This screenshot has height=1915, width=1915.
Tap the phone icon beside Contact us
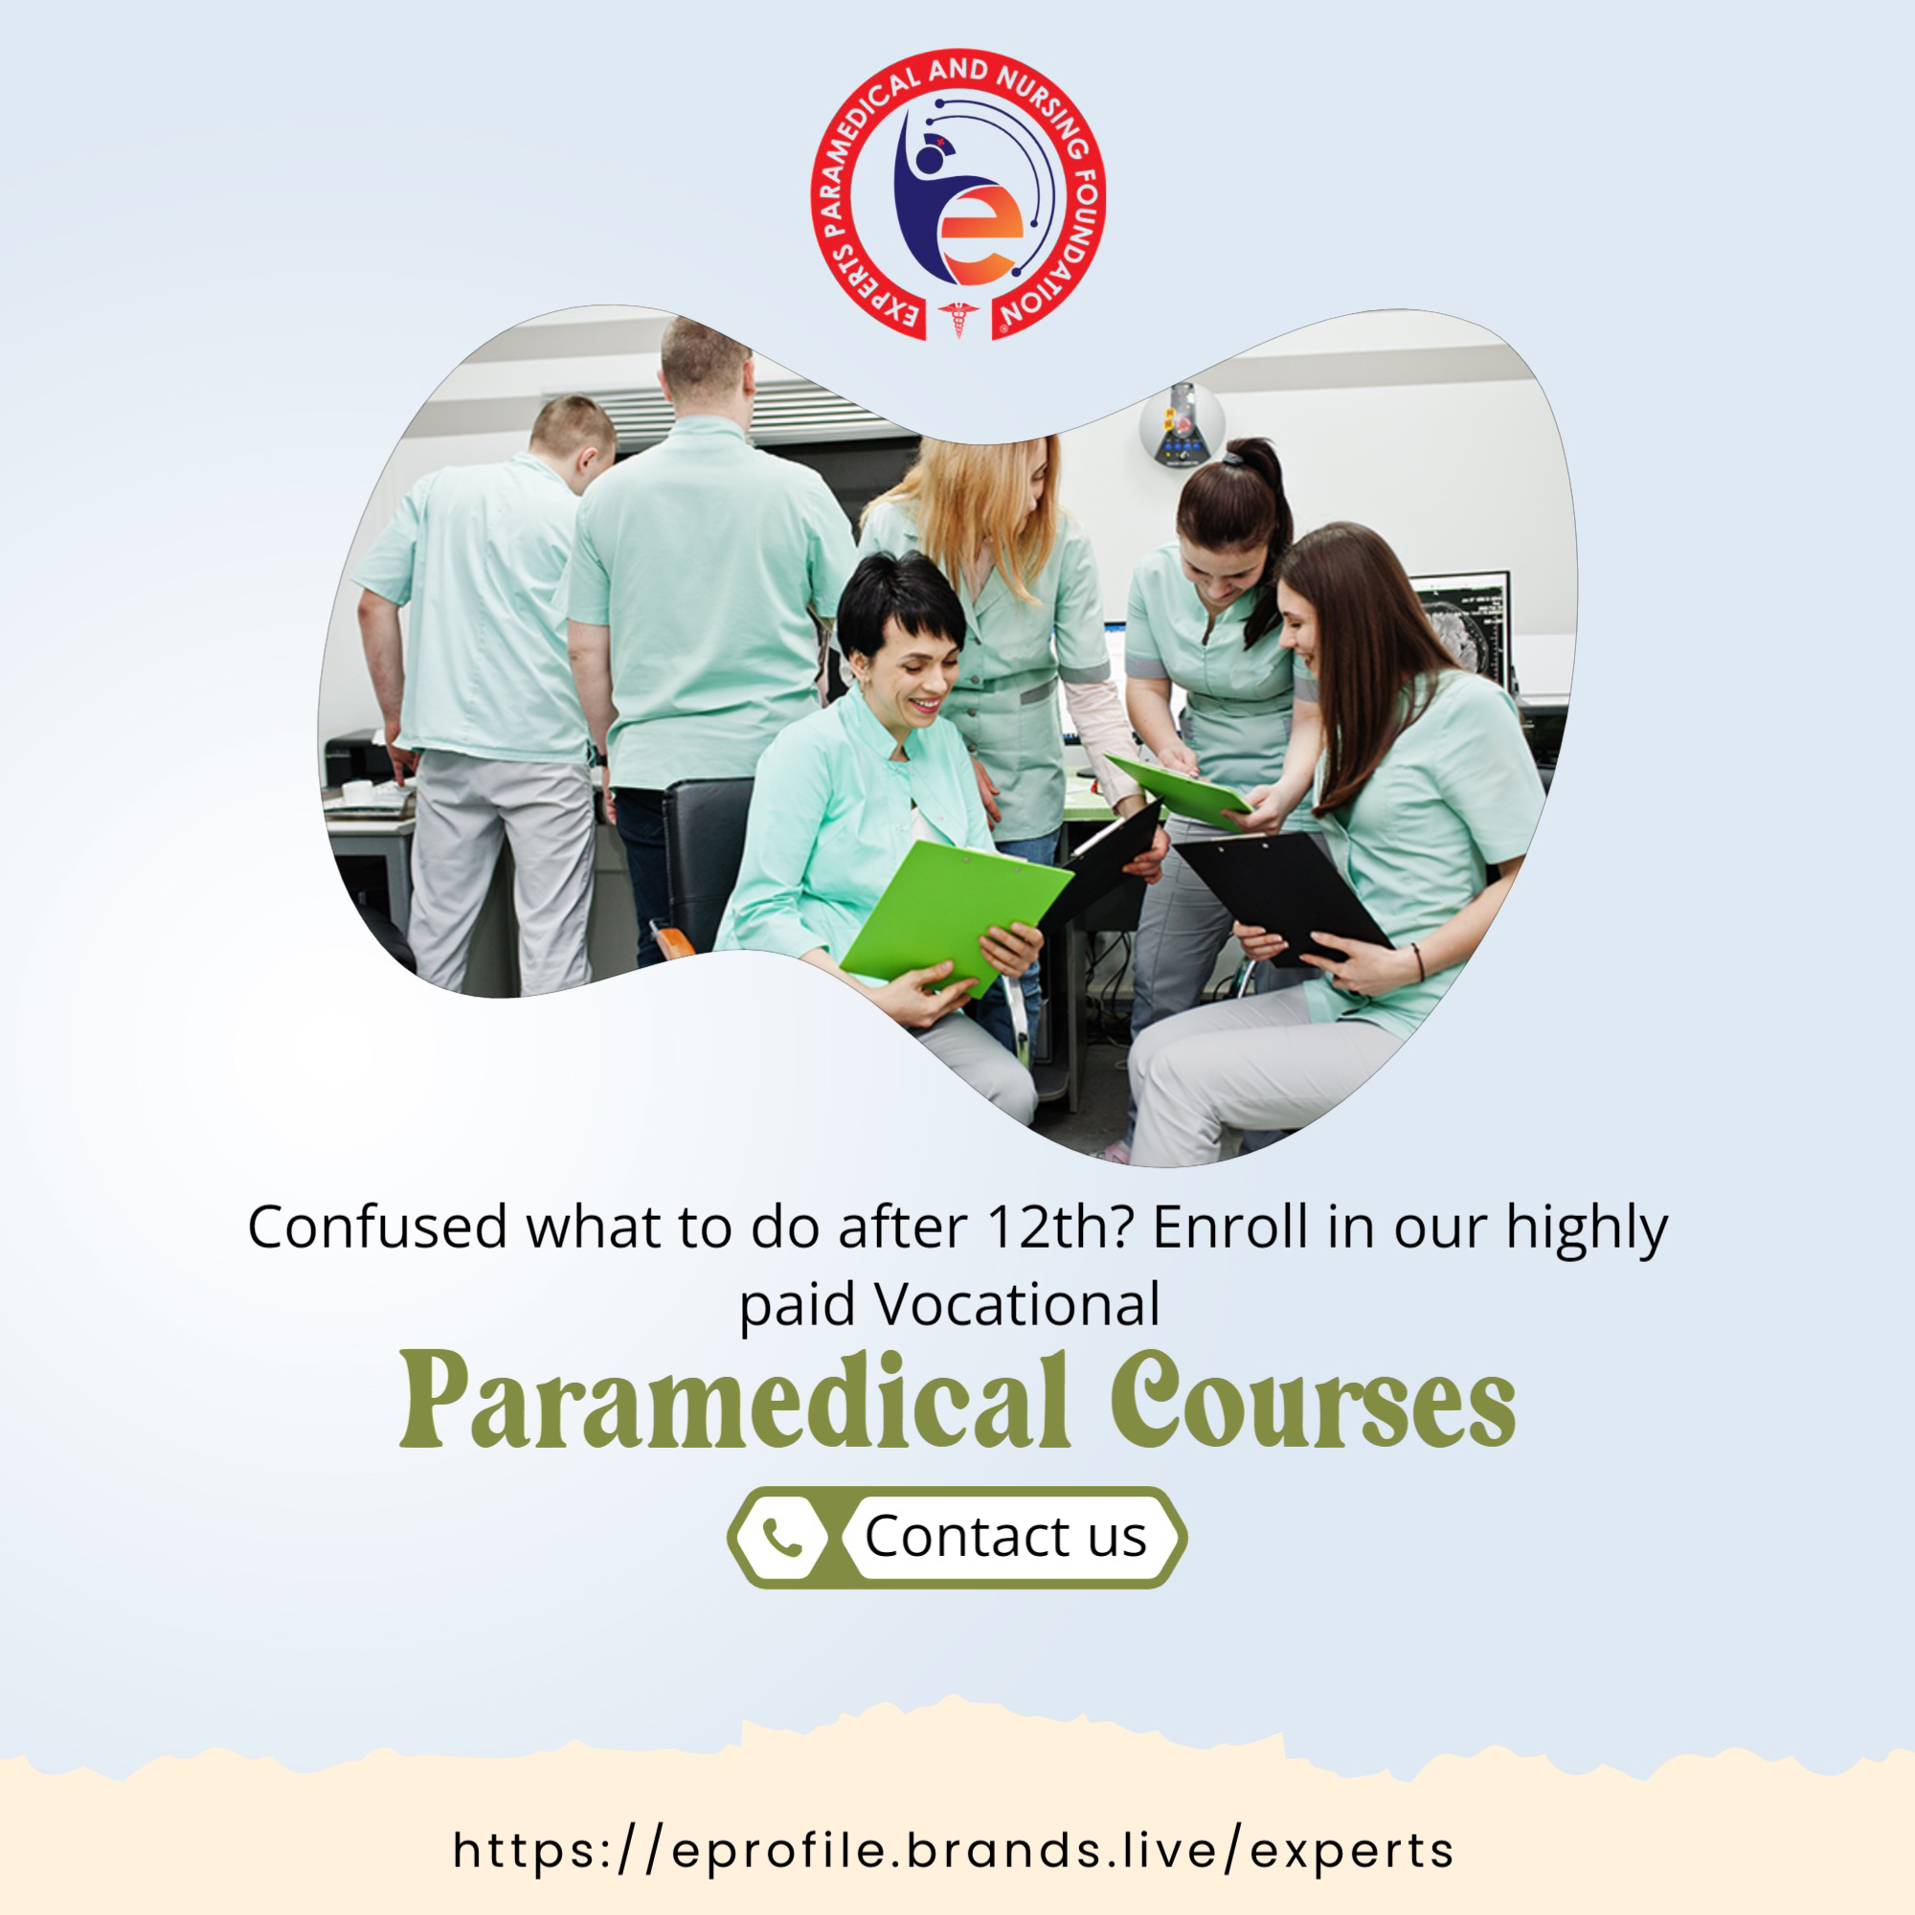tap(783, 1538)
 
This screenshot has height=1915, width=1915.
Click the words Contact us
tap(1005, 1537)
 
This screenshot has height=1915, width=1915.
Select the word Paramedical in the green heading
tap(734, 1401)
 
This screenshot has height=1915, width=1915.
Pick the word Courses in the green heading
tap(1313, 1401)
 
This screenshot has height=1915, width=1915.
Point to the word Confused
tap(377, 1228)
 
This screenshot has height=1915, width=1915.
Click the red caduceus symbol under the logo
tap(957, 319)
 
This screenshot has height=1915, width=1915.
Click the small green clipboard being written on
tap(1179, 788)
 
